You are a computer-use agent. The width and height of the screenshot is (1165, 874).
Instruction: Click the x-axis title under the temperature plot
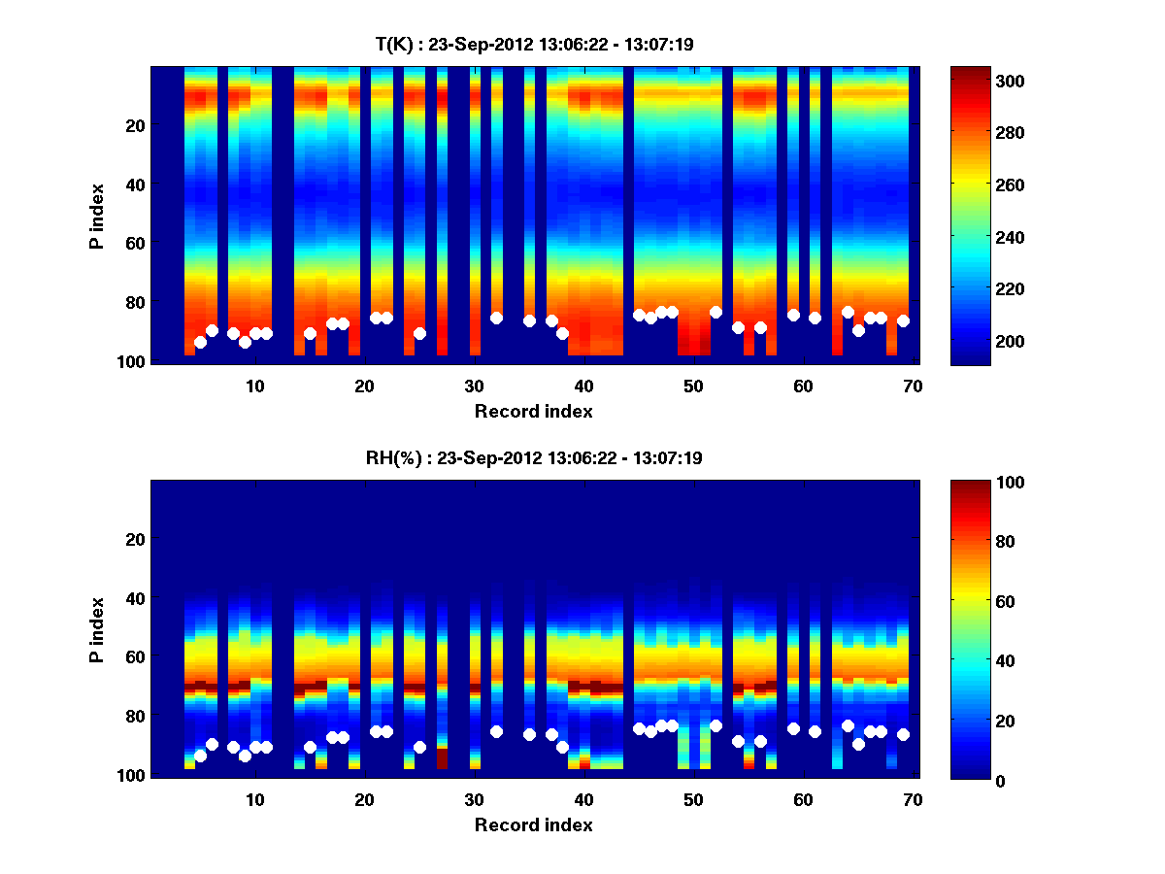(533, 412)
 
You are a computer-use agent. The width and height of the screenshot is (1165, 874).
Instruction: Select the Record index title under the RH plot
(533, 825)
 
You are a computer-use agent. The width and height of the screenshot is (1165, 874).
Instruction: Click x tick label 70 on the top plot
(912, 385)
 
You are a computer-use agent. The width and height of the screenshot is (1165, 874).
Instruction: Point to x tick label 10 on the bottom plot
(254, 799)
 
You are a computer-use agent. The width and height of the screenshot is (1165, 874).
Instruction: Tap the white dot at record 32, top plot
(496, 318)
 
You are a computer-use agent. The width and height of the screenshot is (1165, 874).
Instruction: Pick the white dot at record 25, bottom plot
(419, 747)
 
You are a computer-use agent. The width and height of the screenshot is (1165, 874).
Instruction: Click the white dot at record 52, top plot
(716, 312)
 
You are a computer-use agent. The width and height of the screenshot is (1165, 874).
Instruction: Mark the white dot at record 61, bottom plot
(815, 731)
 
